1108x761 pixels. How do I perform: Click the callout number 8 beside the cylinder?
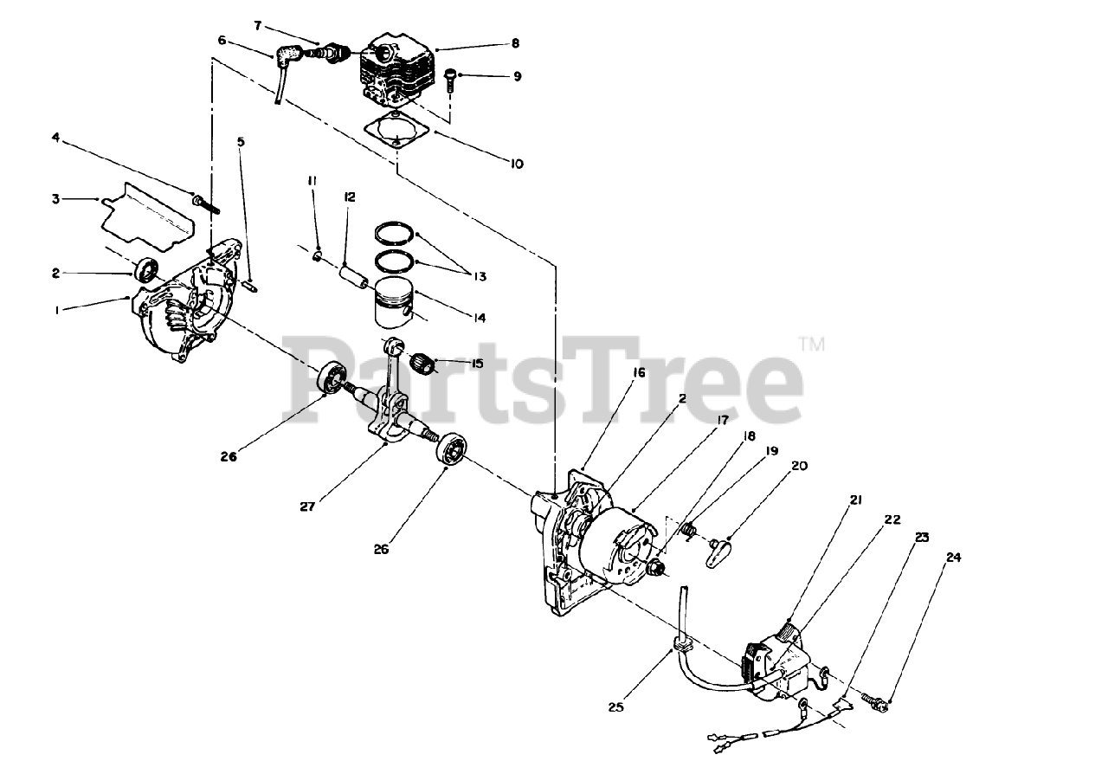(x=515, y=42)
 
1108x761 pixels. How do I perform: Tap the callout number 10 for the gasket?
(x=516, y=163)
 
